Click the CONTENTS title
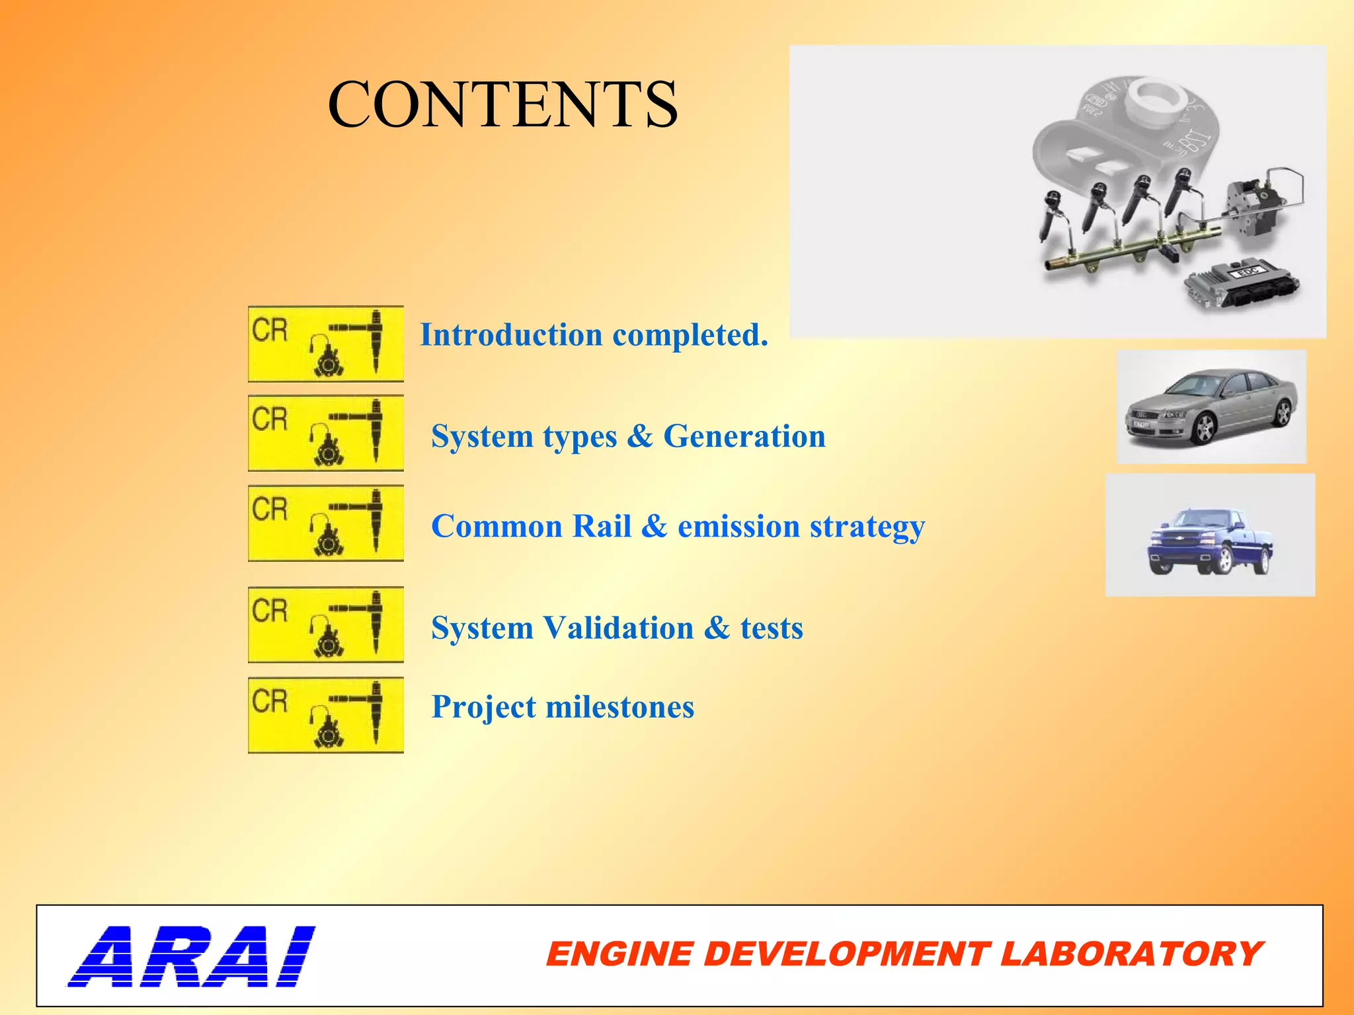(x=502, y=104)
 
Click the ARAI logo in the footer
(x=192, y=956)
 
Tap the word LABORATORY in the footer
(x=1131, y=954)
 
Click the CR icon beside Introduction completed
(x=325, y=344)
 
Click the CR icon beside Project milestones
(x=325, y=715)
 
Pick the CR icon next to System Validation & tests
(x=325, y=624)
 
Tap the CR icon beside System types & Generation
(x=325, y=433)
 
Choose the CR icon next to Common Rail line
(x=325, y=523)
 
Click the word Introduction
(x=510, y=334)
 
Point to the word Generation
(x=744, y=436)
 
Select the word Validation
(x=618, y=628)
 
